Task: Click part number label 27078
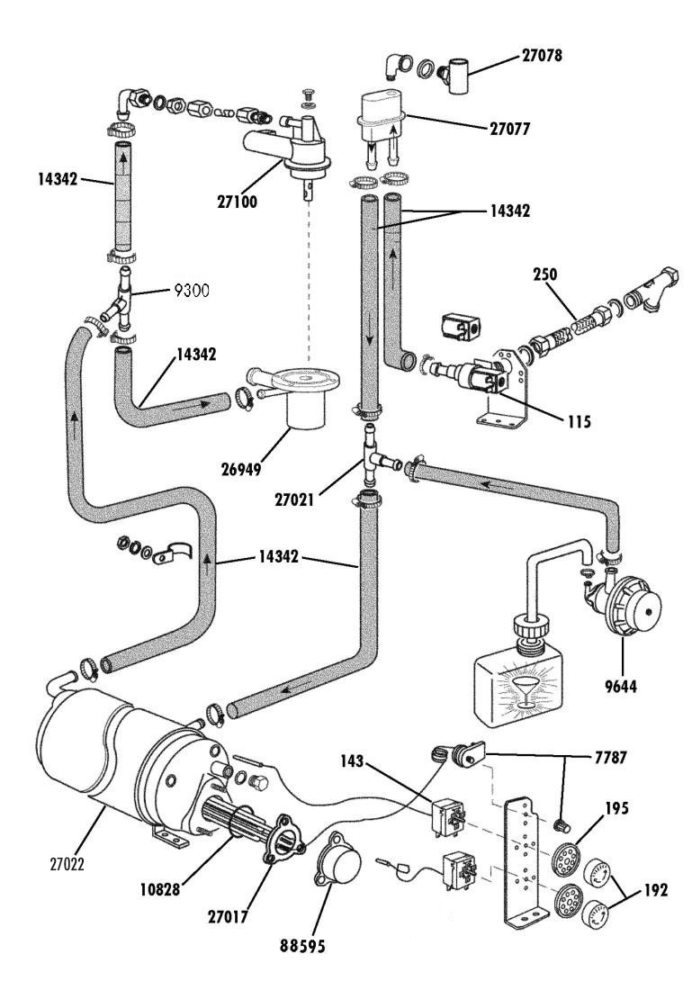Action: (x=542, y=56)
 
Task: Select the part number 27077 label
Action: (x=510, y=129)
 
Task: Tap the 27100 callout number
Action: (x=238, y=202)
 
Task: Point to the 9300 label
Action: (x=192, y=291)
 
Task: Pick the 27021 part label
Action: (x=294, y=500)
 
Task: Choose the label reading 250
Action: (x=545, y=274)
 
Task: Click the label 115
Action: (x=579, y=421)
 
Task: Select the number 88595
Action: (x=302, y=946)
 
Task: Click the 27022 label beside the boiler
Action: (x=67, y=863)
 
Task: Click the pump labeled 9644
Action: (x=625, y=604)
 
